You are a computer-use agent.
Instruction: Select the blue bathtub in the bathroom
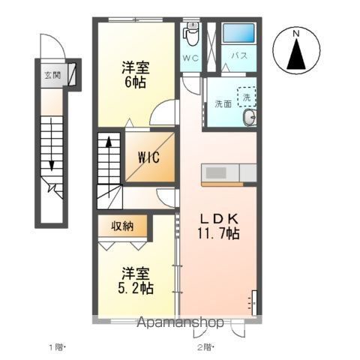(239, 34)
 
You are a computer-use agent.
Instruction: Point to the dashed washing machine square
(246, 96)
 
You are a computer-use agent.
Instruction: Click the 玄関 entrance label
(52, 75)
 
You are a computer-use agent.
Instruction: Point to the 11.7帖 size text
(219, 234)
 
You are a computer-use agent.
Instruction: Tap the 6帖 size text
(134, 82)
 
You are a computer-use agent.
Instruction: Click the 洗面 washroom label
(223, 103)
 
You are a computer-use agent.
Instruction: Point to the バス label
(239, 56)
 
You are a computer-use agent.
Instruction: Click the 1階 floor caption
(59, 347)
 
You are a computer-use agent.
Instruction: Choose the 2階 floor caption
(205, 347)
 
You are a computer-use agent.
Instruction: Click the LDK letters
(217, 218)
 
